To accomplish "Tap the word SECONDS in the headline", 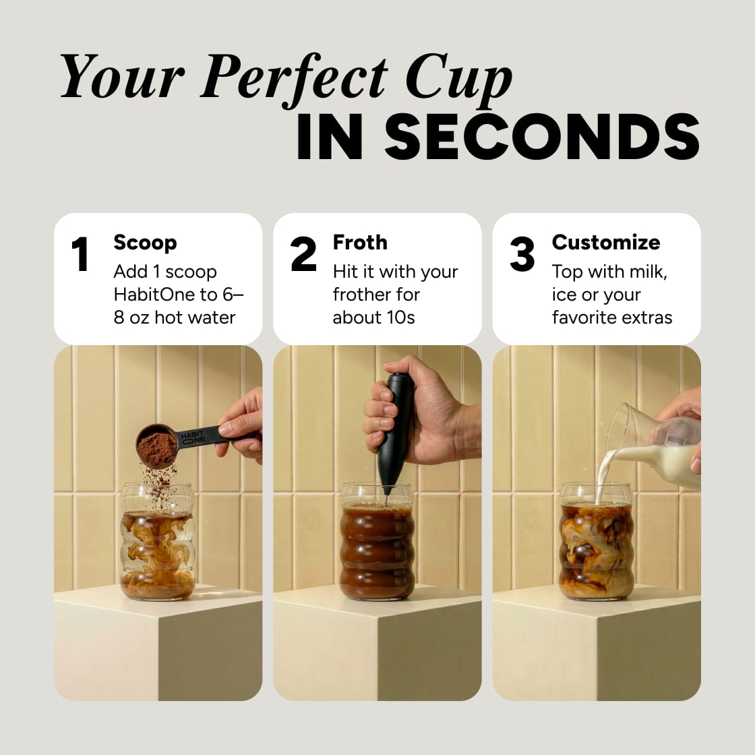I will click(x=542, y=138).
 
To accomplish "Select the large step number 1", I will click(x=80, y=255).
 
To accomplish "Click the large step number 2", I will click(x=303, y=255).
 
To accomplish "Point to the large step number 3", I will click(x=522, y=255).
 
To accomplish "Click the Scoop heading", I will click(x=145, y=242).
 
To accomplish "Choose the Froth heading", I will click(x=360, y=242).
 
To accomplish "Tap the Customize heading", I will click(x=605, y=242).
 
